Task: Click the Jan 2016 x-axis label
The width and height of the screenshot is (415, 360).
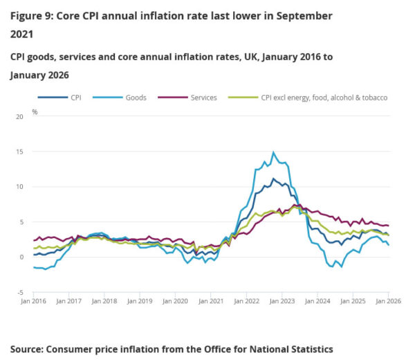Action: [33, 301]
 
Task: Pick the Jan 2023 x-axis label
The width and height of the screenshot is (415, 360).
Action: [282, 301]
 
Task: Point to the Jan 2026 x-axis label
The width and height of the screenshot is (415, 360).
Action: [387, 301]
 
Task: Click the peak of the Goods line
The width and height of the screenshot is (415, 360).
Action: [273, 152]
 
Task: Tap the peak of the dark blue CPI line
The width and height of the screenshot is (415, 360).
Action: [273, 179]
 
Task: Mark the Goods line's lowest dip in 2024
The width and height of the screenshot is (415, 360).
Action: [342, 267]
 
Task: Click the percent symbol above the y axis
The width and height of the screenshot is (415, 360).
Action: [35, 110]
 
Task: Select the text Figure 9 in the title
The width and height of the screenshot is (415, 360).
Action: [34, 15]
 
